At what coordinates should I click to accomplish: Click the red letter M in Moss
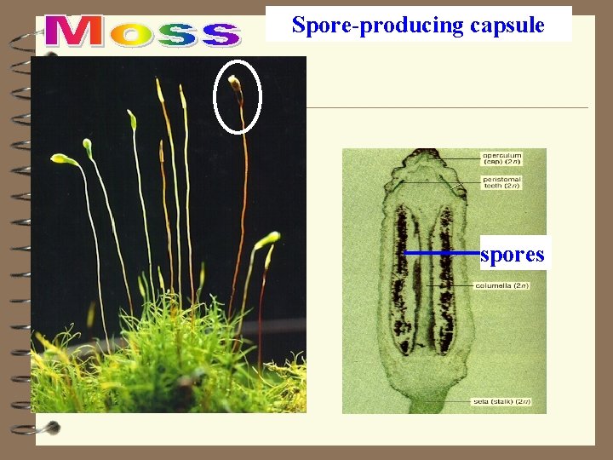75,32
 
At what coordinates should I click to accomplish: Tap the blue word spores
512,254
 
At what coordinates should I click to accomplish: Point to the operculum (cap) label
502,158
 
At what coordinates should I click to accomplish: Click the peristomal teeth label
502,181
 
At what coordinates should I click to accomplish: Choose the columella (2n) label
502,286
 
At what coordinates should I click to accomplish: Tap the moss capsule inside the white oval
234,83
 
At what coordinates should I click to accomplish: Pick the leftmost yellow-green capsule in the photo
61,158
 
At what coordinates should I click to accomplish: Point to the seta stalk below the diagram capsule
421,400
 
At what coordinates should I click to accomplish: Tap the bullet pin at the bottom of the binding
52,427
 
